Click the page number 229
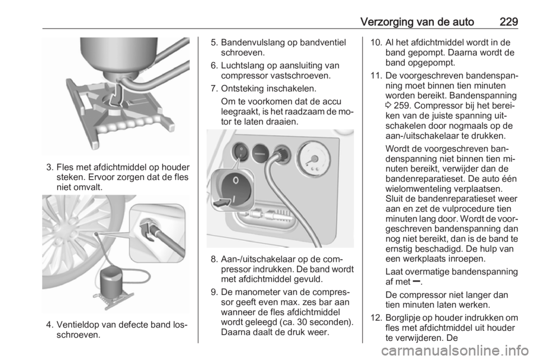[x=508, y=22]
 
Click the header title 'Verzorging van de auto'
[x=417, y=22]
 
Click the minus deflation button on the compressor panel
[x=261, y=154]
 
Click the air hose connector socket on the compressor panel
[x=282, y=154]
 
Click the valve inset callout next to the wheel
[x=157, y=233]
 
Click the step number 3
[x=50, y=168]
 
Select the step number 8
[x=214, y=259]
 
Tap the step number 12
[x=377, y=318]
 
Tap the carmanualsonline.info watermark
[x=454, y=351]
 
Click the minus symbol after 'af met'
[x=416, y=281]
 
